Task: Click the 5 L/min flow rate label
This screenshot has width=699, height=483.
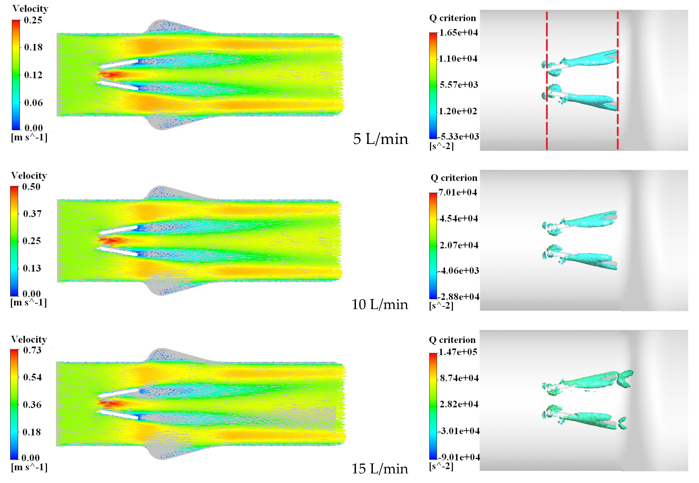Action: pyautogui.click(x=380, y=139)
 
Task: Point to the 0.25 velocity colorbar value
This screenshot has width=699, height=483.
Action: pyautogui.click(x=33, y=20)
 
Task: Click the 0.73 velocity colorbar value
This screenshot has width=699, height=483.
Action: pyautogui.click(x=32, y=350)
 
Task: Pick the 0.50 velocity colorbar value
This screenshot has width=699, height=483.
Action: pyautogui.click(x=31, y=187)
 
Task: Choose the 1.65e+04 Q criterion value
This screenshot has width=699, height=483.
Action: pyautogui.click(x=458, y=33)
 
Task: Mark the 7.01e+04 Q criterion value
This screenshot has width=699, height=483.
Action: pyautogui.click(x=457, y=192)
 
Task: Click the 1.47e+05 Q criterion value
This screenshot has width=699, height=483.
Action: pyautogui.click(x=458, y=352)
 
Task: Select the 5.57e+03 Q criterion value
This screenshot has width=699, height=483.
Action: pyautogui.click(x=459, y=85)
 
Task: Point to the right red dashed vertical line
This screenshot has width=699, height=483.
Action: pyautogui.click(x=617, y=127)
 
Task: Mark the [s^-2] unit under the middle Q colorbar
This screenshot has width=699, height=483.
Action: pyautogui.click(x=441, y=306)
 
